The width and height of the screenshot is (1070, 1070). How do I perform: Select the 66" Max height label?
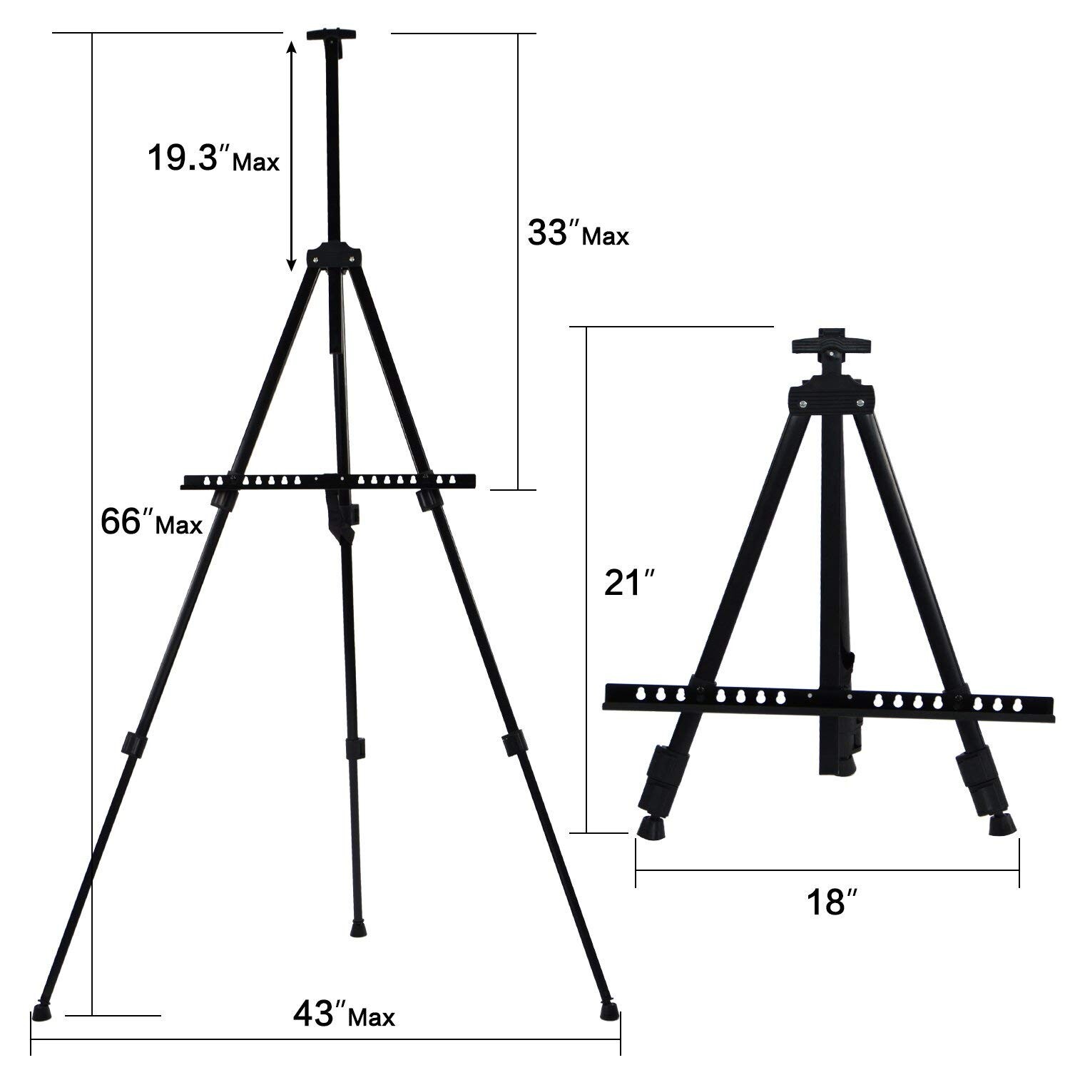tap(151, 522)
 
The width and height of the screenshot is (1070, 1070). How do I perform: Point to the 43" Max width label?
tap(343, 1014)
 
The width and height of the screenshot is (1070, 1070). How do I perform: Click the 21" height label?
tap(628, 584)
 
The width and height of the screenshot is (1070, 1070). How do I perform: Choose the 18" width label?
tap(831, 901)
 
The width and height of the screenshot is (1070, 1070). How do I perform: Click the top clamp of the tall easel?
tap(332, 40)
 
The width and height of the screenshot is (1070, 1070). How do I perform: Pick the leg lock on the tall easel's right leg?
tap(513, 743)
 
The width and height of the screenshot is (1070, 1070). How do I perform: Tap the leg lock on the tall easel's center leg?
tap(355, 748)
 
